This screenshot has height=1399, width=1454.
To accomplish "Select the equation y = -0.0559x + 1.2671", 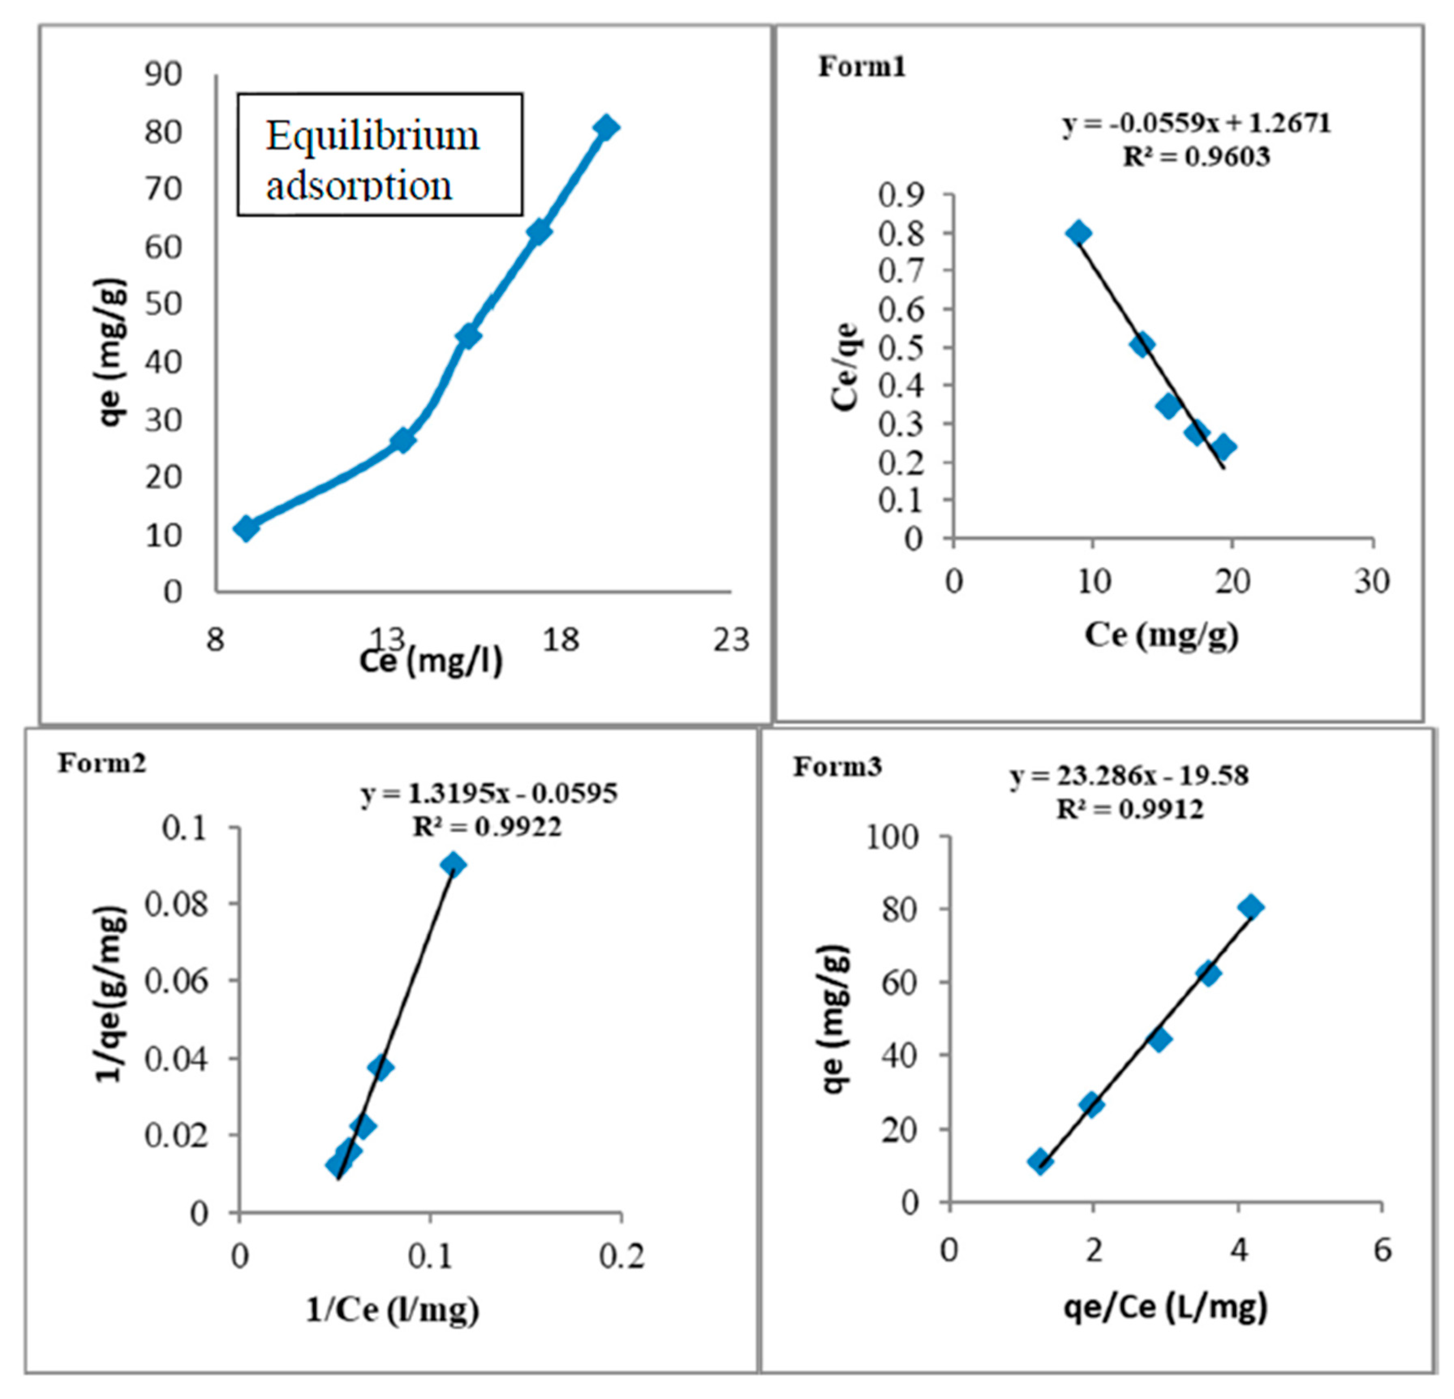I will pyautogui.click(x=1196, y=123).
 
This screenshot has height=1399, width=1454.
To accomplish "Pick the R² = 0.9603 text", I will pyautogui.click(x=1196, y=157).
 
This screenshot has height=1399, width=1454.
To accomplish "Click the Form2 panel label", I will pyautogui.click(x=102, y=762).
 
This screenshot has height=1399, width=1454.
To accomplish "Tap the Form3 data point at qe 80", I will pyautogui.click(x=1251, y=906).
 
